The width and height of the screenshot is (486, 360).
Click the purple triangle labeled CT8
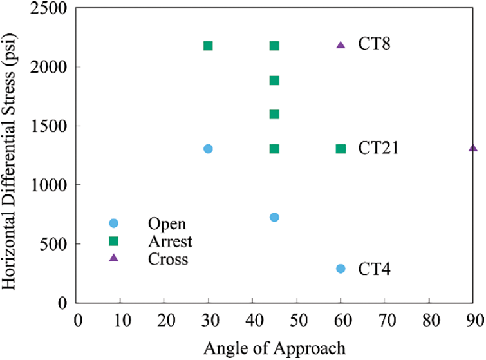[341, 44]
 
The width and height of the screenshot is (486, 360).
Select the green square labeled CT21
[341, 149]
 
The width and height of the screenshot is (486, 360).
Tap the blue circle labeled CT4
[341, 269]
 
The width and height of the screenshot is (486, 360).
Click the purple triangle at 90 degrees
[473, 148]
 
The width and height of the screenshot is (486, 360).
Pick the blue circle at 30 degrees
[208, 149]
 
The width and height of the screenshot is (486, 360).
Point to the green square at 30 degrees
[208, 46]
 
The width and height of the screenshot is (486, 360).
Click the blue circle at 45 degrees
[274, 217]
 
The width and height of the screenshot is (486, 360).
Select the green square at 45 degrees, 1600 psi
[274, 115]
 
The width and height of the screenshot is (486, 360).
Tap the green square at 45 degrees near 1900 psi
[274, 81]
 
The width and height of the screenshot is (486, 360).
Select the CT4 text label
[375, 269]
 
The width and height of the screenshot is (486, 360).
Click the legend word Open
[167, 224]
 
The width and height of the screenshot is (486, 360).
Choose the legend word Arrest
[170, 241]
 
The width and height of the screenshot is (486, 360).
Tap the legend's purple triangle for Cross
[114, 258]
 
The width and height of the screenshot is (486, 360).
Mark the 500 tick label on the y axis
[60, 243]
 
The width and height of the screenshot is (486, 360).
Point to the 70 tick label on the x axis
[384, 320]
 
